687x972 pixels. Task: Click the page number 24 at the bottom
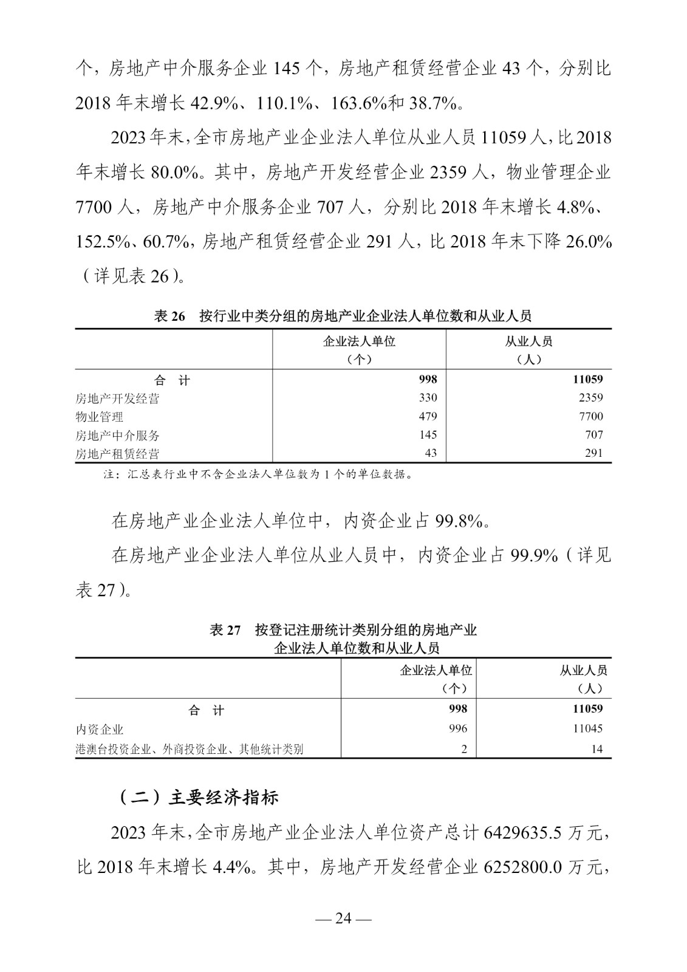[x=343, y=918]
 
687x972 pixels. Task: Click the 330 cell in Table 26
[x=427, y=398]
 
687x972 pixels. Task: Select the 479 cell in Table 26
[x=427, y=417]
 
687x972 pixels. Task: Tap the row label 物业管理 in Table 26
[x=99, y=417]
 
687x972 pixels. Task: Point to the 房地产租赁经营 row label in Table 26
[x=117, y=454]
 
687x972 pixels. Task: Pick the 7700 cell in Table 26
[x=591, y=417]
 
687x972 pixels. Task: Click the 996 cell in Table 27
[x=458, y=728]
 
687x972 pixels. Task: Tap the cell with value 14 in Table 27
[x=596, y=749]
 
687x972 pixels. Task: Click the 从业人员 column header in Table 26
[x=528, y=341]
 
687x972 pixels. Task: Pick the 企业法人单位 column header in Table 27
[x=436, y=671]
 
